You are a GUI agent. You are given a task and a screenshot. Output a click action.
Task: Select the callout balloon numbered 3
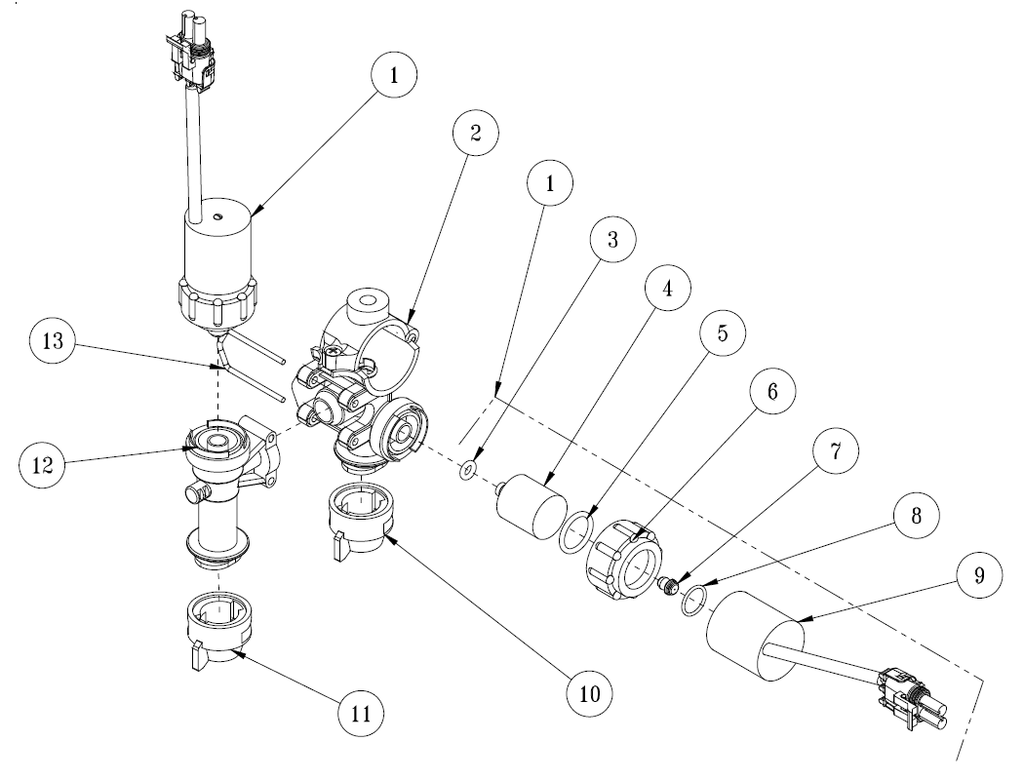coord(612,240)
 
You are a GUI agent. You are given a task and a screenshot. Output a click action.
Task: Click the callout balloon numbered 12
coord(47,463)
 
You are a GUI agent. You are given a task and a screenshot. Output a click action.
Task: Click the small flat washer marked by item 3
coord(468,472)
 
